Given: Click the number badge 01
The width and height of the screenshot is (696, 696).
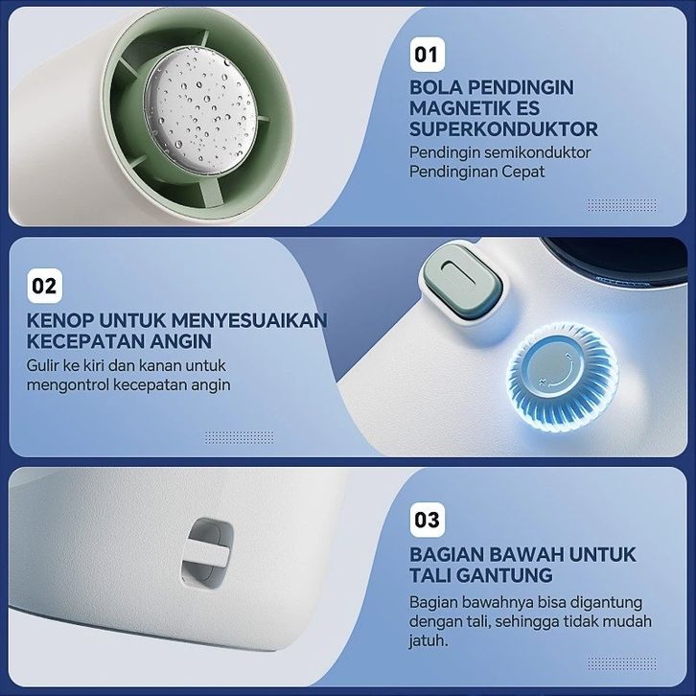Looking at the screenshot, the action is tap(427, 55).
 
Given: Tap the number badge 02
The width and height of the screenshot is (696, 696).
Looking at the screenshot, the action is tap(44, 287).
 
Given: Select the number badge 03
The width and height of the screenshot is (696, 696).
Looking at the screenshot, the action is tap(427, 520).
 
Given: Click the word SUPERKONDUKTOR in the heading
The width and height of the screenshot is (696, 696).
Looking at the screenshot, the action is tap(503, 129).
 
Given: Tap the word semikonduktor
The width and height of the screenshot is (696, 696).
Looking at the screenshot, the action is tap(537, 152).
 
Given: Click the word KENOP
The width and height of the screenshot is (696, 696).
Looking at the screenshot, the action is tap(60, 320).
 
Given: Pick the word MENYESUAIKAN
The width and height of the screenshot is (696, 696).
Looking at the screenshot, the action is tap(249, 320).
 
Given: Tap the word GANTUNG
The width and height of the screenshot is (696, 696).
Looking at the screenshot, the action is tap(504, 575).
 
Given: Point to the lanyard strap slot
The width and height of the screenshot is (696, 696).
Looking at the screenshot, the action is tap(207, 552).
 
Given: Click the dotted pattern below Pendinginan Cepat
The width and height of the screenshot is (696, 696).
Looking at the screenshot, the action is tap(622, 205).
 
